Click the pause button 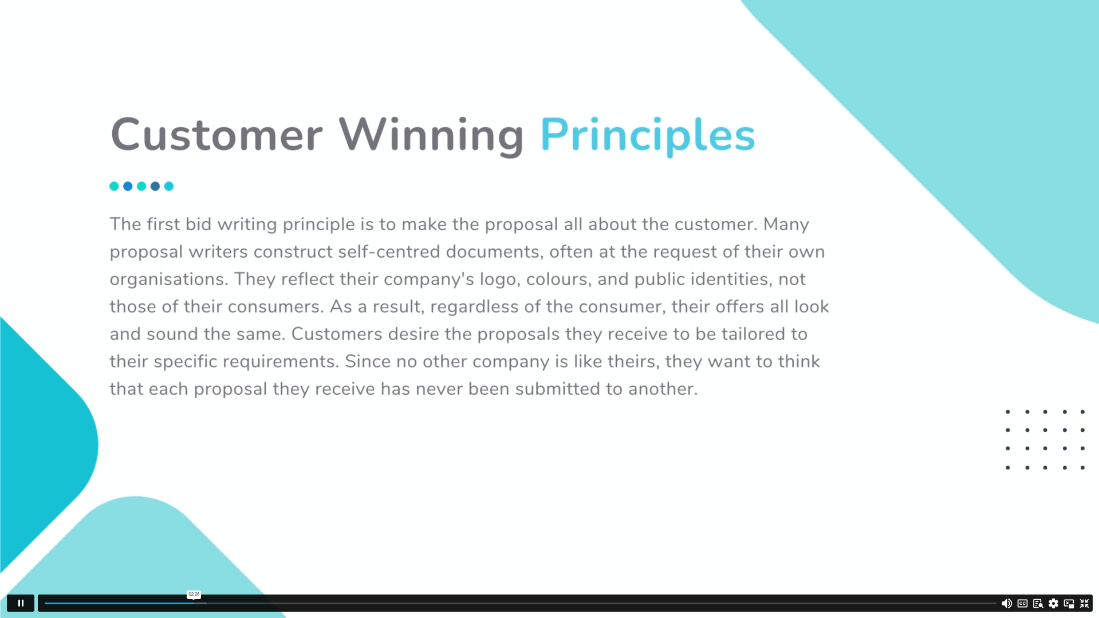pyautogui.click(x=21, y=603)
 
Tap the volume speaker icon pyautogui.click(x=1006, y=604)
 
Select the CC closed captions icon pyautogui.click(x=1022, y=604)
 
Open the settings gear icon pyautogui.click(x=1053, y=604)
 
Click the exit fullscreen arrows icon pyautogui.click(x=1084, y=604)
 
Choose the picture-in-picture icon pyautogui.click(x=1069, y=604)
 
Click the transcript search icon pyautogui.click(x=1038, y=604)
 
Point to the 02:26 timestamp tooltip pyautogui.click(x=194, y=595)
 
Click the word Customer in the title pyautogui.click(x=216, y=135)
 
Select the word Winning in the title pyautogui.click(x=431, y=136)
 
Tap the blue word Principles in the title pyautogui.click(x=648, y=136)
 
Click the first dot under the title pyautogui.click(x=114, y=186)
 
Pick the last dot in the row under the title pyautogui.click(x=169, y=186)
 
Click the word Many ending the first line pyautogui.click(x=786, y=225)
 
